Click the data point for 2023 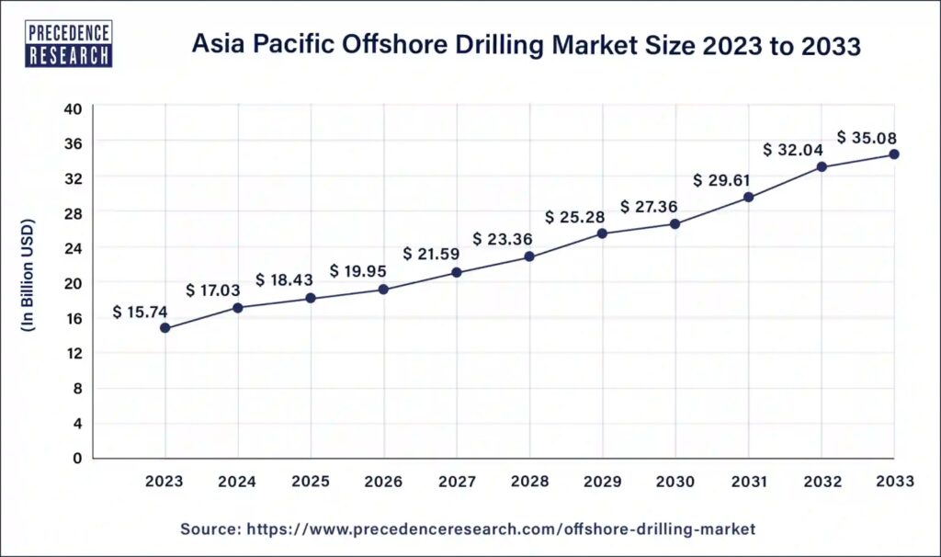pyautogui.click(x=164, y=328)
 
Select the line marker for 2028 pyautogui.click(x=529, y=256)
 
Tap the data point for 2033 pyautogui.click(x=894, y=154)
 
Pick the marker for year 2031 pyautogui.click(x=748, y=197)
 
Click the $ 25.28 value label pyautogui.click(x=575, y=218)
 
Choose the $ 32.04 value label pyautogui.click(x=794, y=150)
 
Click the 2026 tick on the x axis pyautogui.click(x=383, y=482)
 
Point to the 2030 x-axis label pyautogui.click(x=675, y=482)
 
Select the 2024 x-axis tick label pyautogui.click(x=238, y=482)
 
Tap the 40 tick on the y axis pyautogui.click(x=74, y=108)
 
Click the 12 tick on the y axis pyautogui.click(x=74, y=353)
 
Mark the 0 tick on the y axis pyautogui.click(x=78, y=458)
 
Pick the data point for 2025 pyautogui.click(x=311, y=298)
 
